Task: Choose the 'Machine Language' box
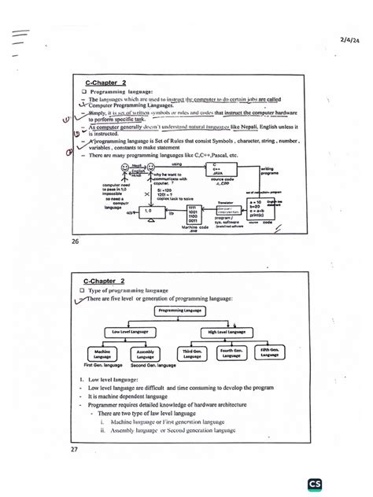pyautogui.click(x=101, y=355)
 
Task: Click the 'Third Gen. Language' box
pyautogui.click(x=194, y=355)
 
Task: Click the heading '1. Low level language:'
pyautogui.click(x=115, y=381)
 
